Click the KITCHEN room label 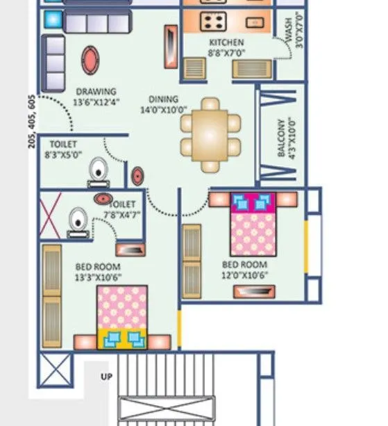point(226,42)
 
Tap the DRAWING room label point(96,91)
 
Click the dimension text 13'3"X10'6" point(99,277)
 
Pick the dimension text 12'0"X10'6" point(244,275)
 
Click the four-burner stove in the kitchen point(211,22)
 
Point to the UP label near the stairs point(106,377)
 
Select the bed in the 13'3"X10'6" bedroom point(122,316)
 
